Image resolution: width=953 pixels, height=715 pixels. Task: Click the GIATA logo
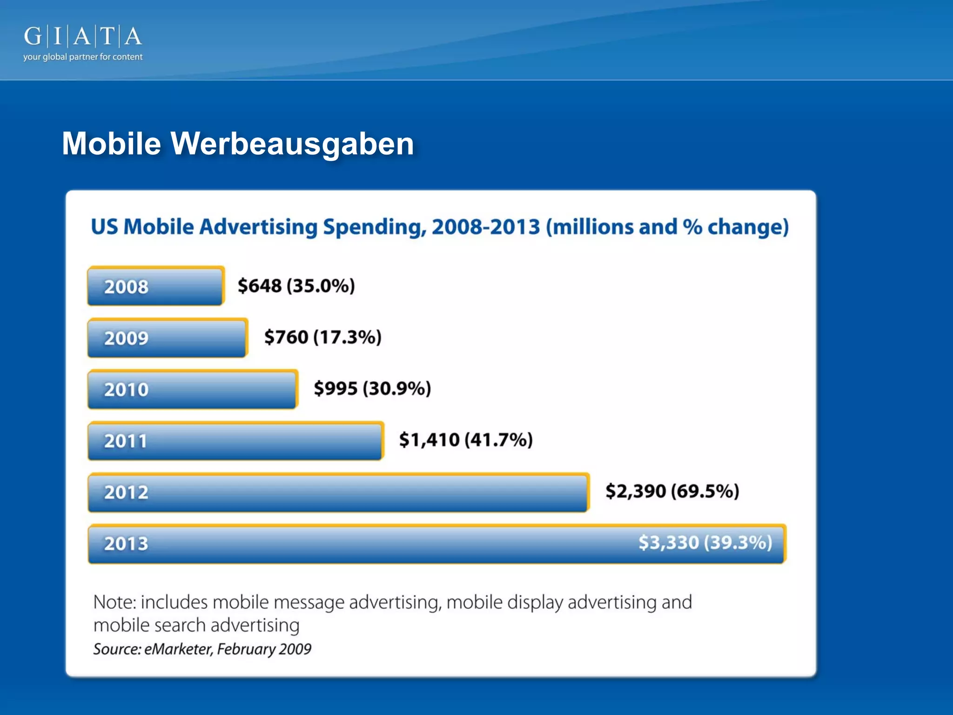pyautogui.click(x=83, y=36)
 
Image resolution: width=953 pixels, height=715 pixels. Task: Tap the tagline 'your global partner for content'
pyautogui.click(x=83, y=57)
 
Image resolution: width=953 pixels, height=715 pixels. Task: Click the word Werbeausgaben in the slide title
pyautogui.click(x=292, y=143)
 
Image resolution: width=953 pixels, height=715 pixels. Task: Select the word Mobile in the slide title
pyautogui.click(x=112, y=143)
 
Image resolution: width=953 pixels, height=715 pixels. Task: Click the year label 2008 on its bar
pyautogui.click(x=126, y=287)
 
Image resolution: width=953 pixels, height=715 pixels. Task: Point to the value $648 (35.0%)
pyautogui.click(x=296, y=286)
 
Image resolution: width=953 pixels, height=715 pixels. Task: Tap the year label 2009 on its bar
pyautogui.click(x=126, y=338)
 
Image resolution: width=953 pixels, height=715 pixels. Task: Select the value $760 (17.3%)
pyautogui.click(x=322, y=337)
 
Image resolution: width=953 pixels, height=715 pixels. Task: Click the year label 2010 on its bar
pyautogui.click(x=126, y=390)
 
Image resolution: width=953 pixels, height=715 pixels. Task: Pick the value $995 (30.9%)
pyautogui.click(x=372, y=388)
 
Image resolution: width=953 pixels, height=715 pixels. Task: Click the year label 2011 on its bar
pyautogui.click(x=125, y=441)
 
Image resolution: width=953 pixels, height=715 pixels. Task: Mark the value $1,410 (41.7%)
pyautogui.click(x=466, y=439)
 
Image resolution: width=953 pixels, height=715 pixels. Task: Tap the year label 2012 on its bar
pyautogui.click(x=126, y=492)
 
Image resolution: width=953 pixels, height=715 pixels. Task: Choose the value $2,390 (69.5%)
pyautogui.click(x=672, y=491)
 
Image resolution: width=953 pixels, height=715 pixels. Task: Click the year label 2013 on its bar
pyautogui.click(x=126, y=544)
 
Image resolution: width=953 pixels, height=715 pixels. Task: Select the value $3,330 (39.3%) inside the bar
pyautogui.click(x=705, y=543)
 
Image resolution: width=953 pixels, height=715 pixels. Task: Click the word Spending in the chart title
pyautogui.click(x=374, y=227)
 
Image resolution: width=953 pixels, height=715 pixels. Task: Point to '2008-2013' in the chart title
pyautogui.click(x=485, y=227)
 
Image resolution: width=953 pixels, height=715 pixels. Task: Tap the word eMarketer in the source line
pyautogui.click(x=178, y=649)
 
